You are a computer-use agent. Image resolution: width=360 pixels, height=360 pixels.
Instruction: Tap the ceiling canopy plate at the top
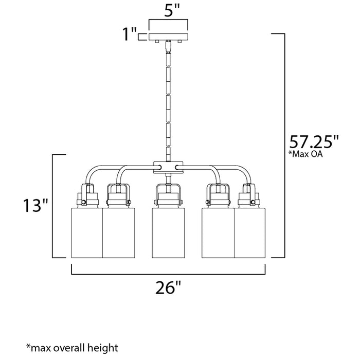pos(168,37)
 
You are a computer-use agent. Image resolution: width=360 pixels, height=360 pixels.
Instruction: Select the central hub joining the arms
pos(168,167)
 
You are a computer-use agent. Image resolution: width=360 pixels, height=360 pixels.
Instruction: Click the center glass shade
pos(168,232)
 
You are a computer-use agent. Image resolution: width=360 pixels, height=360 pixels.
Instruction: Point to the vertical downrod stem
pos(168,103)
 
